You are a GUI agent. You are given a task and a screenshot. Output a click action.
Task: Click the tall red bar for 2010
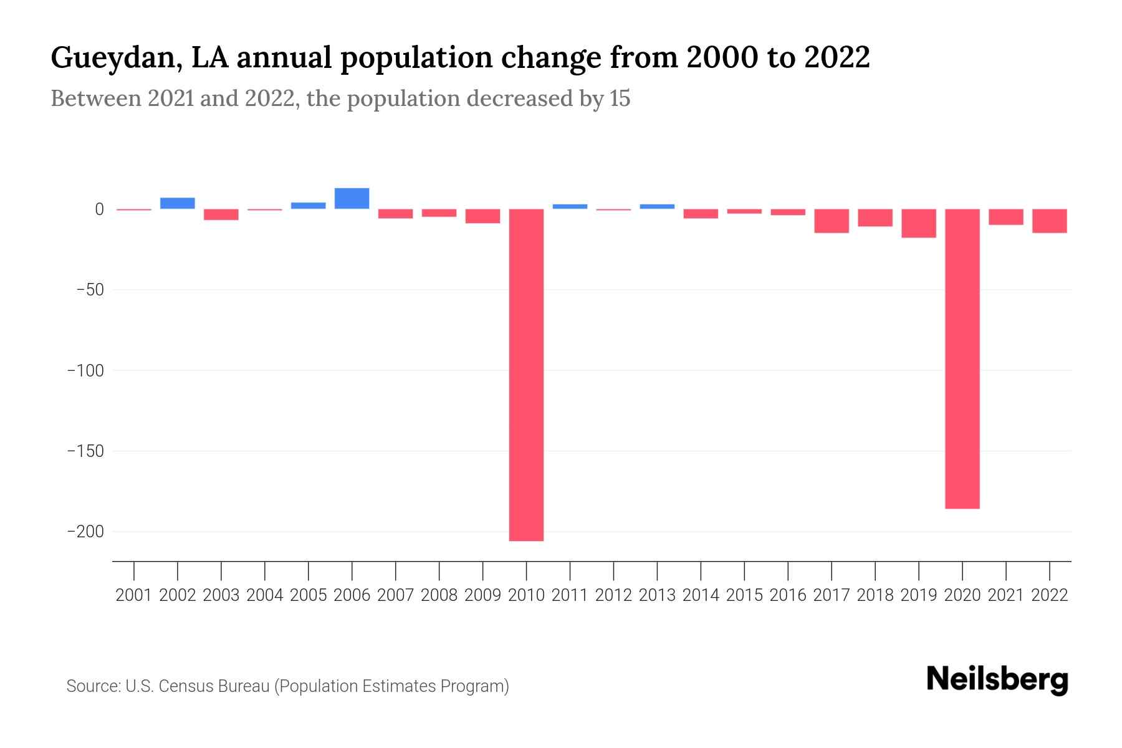526,374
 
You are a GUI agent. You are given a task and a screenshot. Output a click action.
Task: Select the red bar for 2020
962,358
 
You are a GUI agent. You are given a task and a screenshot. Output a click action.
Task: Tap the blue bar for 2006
352,198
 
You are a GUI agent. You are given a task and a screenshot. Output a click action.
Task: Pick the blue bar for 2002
178,203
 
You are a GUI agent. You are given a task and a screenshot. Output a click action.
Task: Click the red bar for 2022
1050,221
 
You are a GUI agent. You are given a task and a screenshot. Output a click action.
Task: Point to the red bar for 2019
919,223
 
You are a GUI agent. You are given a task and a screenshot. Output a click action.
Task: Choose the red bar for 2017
832,221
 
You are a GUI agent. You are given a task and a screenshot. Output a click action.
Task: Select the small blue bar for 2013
657,206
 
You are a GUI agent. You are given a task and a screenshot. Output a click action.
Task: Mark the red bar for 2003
221,214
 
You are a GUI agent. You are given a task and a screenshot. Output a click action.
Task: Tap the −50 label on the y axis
90,290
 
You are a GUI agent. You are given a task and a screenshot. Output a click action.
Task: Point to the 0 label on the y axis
99,209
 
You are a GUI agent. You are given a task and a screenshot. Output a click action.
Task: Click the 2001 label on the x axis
134,595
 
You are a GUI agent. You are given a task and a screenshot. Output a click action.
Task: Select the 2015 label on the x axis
744,595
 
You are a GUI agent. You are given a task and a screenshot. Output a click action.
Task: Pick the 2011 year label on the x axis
570,595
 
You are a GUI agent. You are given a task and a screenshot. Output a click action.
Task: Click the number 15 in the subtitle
620,98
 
